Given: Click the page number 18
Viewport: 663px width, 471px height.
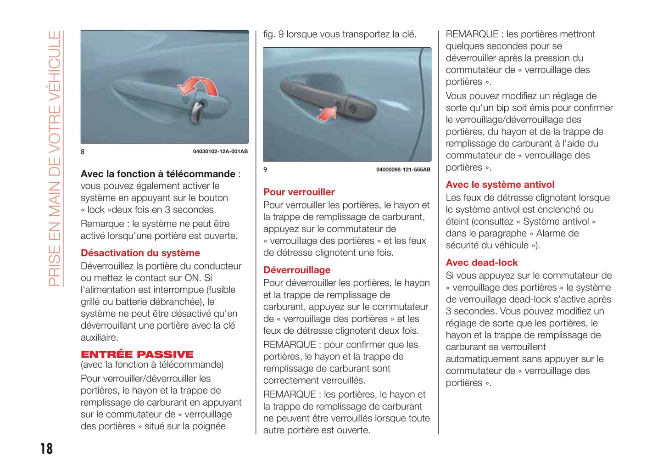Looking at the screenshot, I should tap(46, 449).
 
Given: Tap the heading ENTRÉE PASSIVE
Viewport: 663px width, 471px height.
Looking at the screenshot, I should tap(137, 354).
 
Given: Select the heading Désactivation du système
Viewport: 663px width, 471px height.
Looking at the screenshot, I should tap(140, 253).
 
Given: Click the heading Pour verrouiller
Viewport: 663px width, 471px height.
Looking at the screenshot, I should tap(299, 192).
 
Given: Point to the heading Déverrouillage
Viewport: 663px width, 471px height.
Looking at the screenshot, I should tap(297, 270).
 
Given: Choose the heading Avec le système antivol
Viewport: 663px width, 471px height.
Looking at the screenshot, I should tap(500, 185).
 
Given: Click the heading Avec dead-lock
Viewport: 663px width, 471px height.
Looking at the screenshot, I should tap(482, 263).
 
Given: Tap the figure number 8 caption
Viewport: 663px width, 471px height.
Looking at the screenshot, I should tap(83, 152).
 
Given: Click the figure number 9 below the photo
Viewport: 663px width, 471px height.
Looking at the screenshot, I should tap(265, 170).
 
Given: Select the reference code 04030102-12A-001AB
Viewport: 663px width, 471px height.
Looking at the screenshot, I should tap(220, 151).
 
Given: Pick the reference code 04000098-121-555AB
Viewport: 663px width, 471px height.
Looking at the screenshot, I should tap(403, 170).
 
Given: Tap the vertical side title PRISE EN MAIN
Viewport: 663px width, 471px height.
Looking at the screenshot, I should tap(55, 158).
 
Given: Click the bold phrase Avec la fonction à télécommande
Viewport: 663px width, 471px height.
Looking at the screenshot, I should tap(158, 174).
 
